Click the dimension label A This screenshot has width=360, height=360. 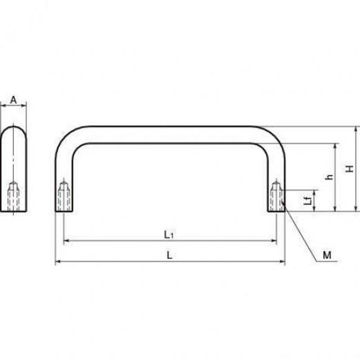pyautogui.click(x=13, y=100)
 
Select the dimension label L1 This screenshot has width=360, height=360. pyautogui.click(x=169, y=234)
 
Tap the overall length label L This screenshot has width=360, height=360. pyautogui.click(x=169, y=255)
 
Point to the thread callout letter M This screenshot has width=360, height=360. pyautogui.click(x=327, y=255)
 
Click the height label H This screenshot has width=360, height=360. pyautogui.click(x=350, y=169)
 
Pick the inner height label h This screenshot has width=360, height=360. pyautogui.click(x=330, y=177)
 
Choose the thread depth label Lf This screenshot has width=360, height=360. pyautogui.click(x=309, y=201)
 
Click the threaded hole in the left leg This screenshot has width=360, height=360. pyautogui.click(x=63, y=196)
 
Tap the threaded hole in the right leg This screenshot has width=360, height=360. pyautogui.click(x=276, y=196)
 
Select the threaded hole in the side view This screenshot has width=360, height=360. pyautogui.click(x=13, y=196)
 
